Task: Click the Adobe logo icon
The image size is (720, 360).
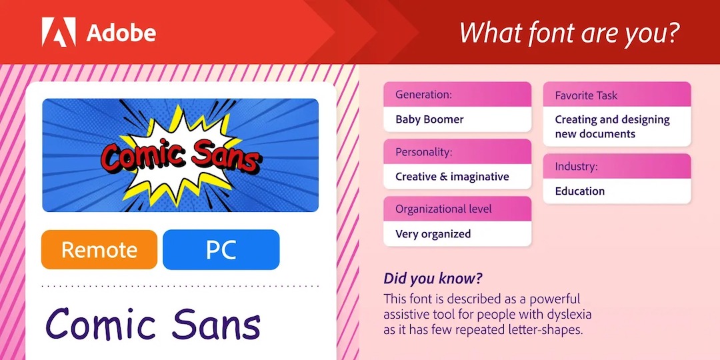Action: (x=59, y=32)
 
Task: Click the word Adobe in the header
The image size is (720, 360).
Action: (x=121, y=33)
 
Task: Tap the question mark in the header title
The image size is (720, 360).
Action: (x=671, y=32)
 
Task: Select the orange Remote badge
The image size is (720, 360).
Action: (x=99, y=249)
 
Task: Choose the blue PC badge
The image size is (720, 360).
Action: (x=221, y=249)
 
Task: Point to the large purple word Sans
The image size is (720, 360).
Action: (x=216, y=324)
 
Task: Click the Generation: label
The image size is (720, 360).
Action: (x=424, y=95)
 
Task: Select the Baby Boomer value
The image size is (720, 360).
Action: (x=429, y=119)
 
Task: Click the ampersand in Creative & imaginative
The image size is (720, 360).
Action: (x=443, y=176)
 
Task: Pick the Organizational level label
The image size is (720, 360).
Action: (x=443, y=209)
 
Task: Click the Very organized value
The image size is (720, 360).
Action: (x=433, y=234)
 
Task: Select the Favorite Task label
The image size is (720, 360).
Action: (x=587, y=95)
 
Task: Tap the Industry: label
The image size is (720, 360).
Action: (x=576, y=167)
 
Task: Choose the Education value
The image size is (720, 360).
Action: (x=580, y=191)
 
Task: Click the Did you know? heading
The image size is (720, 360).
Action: (x=433, y=279)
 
